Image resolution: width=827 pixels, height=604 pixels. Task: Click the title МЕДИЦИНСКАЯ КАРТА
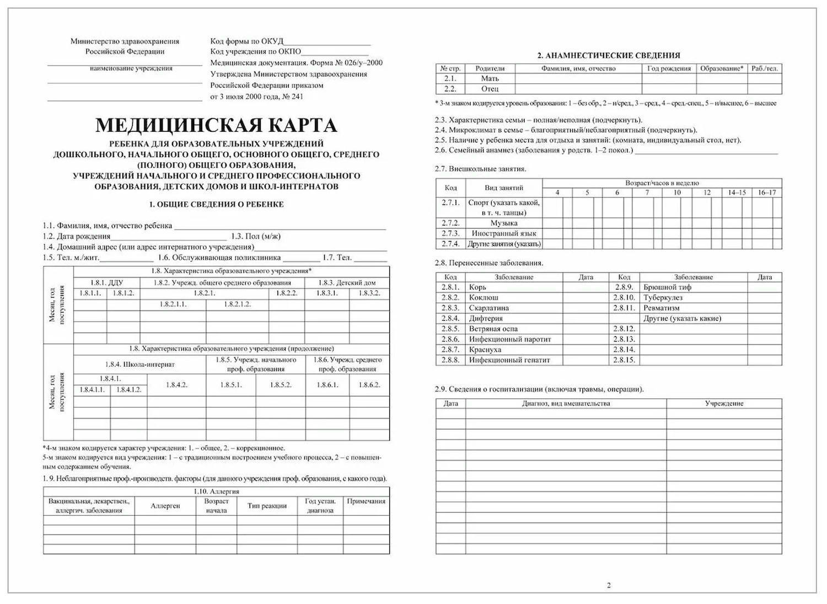[x=216, y=125]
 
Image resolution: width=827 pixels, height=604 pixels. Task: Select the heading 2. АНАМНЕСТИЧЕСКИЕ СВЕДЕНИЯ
[x=609, y=55]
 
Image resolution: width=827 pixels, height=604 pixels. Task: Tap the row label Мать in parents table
[x=490, y=78]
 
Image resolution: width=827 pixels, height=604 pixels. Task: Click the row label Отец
[x=490, y=89]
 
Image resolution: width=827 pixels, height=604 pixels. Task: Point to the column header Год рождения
[x=669, y=68]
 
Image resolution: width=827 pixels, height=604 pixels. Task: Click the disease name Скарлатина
[x=488, y=308]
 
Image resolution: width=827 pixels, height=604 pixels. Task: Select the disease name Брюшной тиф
[x=667, y=287]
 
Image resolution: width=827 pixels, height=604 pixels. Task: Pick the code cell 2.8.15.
[x=624, y=360]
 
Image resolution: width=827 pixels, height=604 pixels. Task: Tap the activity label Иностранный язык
[x=504, y=233]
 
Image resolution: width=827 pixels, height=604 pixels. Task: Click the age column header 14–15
[x=737, y=193]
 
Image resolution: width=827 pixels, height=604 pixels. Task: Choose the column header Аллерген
[x=165, y=506]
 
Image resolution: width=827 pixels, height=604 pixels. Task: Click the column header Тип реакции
[x=267, y=506]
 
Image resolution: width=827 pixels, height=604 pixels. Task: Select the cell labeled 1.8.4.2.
[x=176, y=384]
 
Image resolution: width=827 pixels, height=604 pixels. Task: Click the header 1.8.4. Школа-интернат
[x=139, y=364]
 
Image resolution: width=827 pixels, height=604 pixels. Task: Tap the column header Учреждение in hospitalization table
[x=724, y=403]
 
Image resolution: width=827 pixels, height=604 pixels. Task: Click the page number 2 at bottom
[x=609, y=585]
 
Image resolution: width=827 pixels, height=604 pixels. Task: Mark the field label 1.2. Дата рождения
[x=77, y=236]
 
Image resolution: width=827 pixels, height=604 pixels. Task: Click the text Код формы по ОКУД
[x=246, y=41]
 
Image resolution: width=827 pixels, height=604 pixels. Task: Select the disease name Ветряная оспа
[x=493, y=329]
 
